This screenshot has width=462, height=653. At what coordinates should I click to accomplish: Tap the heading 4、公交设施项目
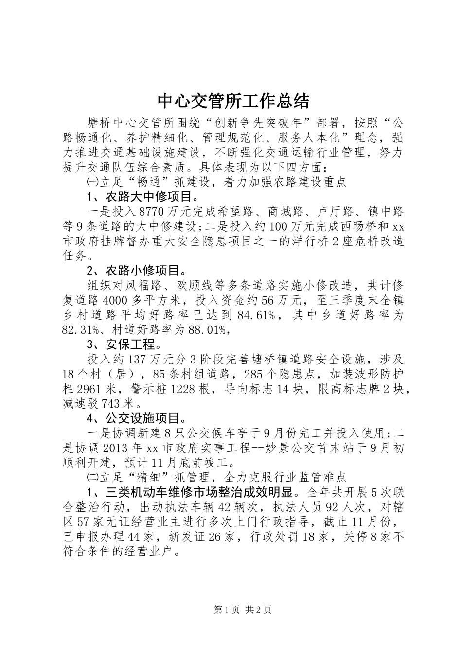(136, 418)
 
